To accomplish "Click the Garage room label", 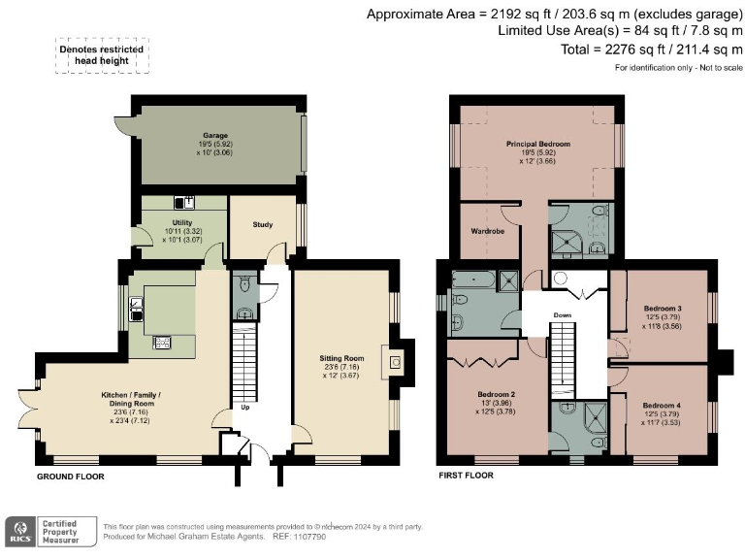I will (214, 135).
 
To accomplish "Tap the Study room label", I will (263, 225).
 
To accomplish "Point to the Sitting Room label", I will (340, 358).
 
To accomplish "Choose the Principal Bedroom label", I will (537, 144).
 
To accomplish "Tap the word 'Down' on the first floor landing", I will (563, 315).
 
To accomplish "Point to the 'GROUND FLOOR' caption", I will (70, 477).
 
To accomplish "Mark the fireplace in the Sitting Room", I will (396, 362).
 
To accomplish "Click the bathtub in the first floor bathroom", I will (474, 280).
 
